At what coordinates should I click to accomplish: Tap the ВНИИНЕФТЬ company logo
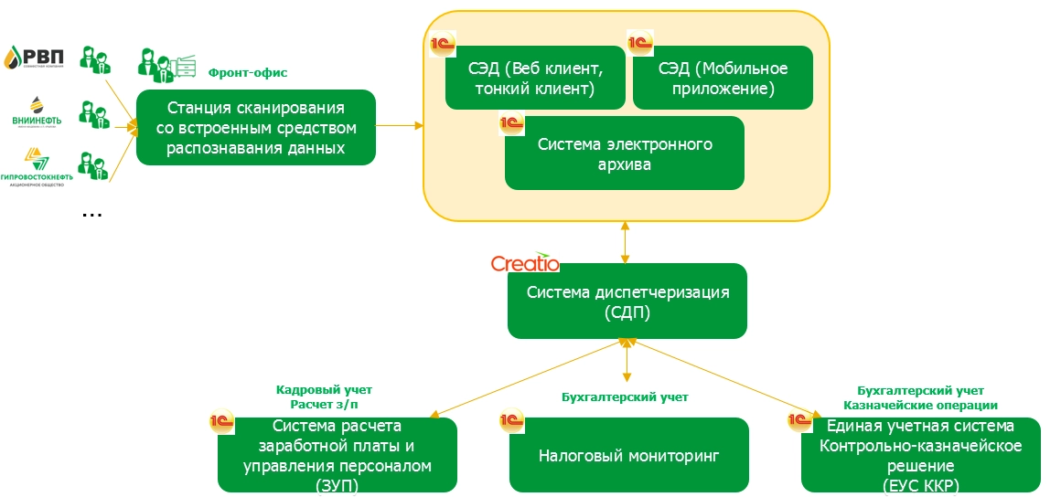click(37, 113)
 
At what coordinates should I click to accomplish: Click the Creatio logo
click(524, 263)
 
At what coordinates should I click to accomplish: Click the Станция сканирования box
click(256, 127)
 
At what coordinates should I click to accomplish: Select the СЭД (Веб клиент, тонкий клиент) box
click(535, 78)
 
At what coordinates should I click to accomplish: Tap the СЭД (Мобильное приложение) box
click(723, 78)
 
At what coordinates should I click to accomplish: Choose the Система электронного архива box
click(625, 153)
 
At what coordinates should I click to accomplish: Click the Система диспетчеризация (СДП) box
click(627, 301)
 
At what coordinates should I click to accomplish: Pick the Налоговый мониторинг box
click(628, 454)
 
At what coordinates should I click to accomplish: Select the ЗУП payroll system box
click(338, 454)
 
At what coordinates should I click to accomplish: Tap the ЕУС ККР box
click(920, 454)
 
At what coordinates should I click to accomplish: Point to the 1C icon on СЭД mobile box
click(638, 42)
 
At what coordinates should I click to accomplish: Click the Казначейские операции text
click(920, 405)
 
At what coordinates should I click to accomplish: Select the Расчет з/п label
click(324, 405)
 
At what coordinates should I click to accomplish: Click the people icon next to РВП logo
click(94, 59)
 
